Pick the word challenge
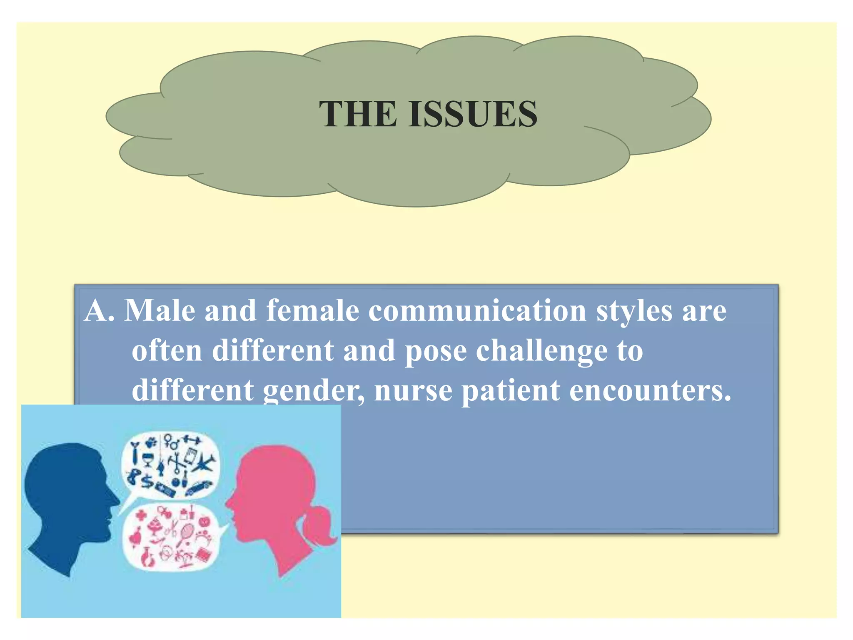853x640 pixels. pyautogui.click(x=541, y=351)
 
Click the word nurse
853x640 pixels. pyautogui.click(x=413, y=391)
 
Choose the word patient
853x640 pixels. pyautogui.click(x=511, y=391)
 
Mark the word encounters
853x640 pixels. pyautogui.click(x=650, y=391)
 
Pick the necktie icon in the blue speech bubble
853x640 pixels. pyautogui.click(x=135, y=454)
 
